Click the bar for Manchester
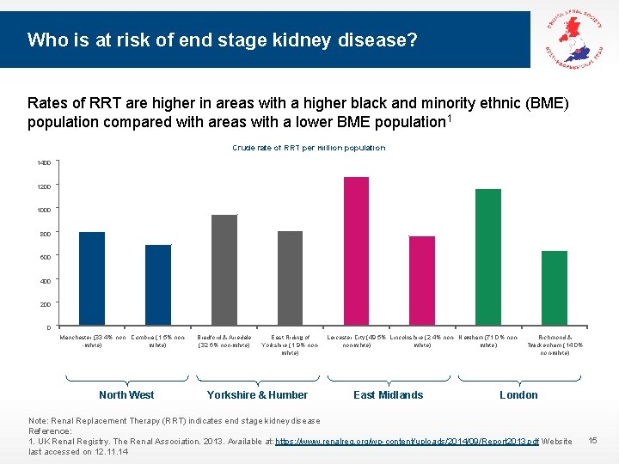click(x=92, y=279)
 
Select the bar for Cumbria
click(x=158, y=285)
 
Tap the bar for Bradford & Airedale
click(x=224, y=271)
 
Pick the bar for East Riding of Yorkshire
click(x=291, y=278)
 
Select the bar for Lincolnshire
click(x=422, y=281)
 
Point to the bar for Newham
click(x=488, y=258)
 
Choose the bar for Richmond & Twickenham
click(x=555, y=289)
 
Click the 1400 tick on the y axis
click(x=44, y=162)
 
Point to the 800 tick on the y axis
click(x=44, y=233)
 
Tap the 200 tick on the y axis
click(x=44, y=303)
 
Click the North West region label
click(x=126, y=395)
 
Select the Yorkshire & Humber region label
click(x=257, y=395)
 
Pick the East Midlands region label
click(x=389, y=395)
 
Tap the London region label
click(x=518, y=395)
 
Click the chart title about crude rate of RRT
click(x=309, y=148)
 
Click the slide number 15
click(x=592, y=441)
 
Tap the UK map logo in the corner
click(x=575, y=34)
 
